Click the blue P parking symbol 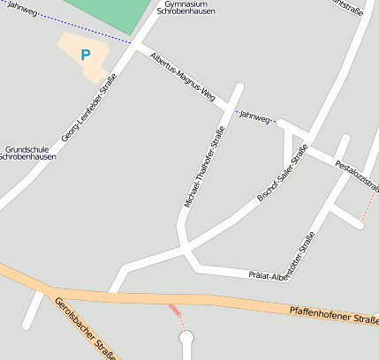tap(86, 55)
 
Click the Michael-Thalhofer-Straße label tap(204, 166)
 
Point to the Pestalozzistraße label tap(357, 175)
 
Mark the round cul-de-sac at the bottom tap(186, 337)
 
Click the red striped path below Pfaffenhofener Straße tap(178, 313)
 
